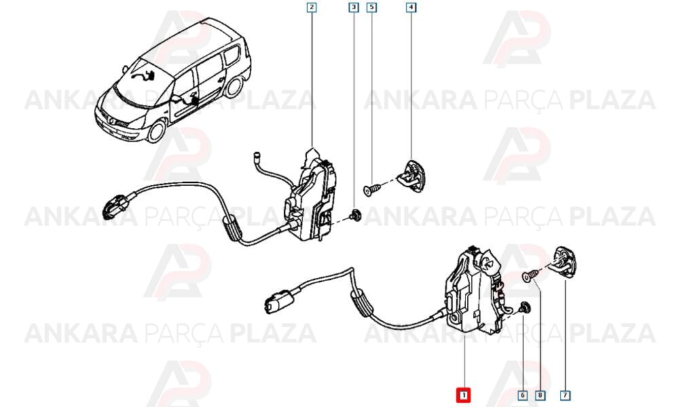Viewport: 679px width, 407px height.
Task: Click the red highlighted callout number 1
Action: click(463, 395)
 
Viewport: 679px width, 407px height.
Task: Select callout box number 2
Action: click(312, 7)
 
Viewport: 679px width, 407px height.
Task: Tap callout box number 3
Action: click(354, 7)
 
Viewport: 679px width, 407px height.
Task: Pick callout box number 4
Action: click(411, 7)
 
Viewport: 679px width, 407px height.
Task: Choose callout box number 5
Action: click(371, 7)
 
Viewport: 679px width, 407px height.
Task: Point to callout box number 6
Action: click(523, 395)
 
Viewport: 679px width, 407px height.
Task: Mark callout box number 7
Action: click(565, 395)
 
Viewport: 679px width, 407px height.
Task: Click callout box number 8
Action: click(540, 395)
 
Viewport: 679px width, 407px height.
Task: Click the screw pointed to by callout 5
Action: click(371, 189)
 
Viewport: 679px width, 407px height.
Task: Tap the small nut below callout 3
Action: click(356, 215)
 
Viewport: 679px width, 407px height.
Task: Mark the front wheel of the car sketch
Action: click(156, 131)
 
